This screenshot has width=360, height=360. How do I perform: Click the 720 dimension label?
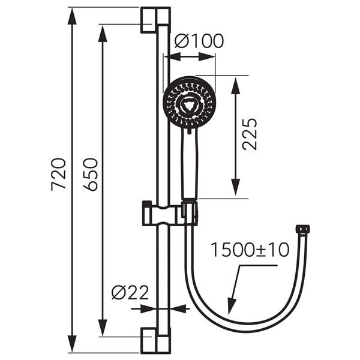coord(58,174)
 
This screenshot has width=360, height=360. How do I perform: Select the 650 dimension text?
coord(90,174)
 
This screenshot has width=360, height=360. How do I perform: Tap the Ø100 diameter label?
coord(199,41)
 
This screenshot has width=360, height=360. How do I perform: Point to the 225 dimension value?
coord(250,134)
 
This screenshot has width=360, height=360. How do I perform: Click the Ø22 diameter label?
coord(130,293)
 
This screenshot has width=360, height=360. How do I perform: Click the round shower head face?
coord(189,102)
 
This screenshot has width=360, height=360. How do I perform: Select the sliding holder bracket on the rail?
coord(161,213)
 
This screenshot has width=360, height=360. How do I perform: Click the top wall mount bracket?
coord(155,20)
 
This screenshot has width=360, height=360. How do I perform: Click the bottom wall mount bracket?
coord(155,340)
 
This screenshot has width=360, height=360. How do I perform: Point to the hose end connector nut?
coord(302,229)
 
